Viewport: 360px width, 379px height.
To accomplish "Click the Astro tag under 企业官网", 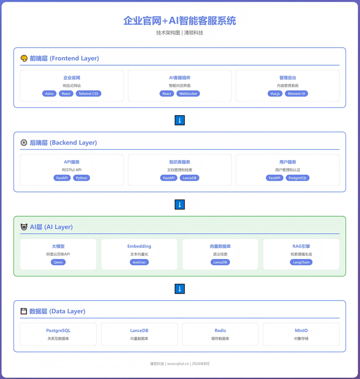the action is (x=49, y=94).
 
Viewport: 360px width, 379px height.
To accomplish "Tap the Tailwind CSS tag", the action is (x=89, y=94).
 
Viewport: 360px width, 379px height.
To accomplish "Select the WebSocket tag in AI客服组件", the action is (x=188, y=94).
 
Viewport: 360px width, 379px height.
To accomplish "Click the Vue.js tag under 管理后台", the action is (x=275, y=94).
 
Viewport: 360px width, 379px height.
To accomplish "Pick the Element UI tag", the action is (x=297, y=94).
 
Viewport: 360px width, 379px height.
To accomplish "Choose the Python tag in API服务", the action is (x=81, y=178).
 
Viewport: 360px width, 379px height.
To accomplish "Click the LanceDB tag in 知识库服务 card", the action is (x=189, y=178).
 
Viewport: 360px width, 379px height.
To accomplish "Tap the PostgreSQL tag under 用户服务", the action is (x=297, y=178).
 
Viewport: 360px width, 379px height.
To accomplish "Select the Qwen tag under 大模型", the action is (x=58, y=262).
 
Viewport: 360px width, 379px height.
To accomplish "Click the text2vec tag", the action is (x=139, y=262).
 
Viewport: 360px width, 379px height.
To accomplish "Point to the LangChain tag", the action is (x=301, y=262).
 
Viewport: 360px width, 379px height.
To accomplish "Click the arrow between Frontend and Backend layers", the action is (x=180, y=120).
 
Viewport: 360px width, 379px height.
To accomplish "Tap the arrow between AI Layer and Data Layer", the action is (x=180, y=289).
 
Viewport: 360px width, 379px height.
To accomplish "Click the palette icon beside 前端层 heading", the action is (x=24, y=58).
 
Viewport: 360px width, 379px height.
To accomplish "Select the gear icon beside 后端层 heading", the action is (x=24, y=143).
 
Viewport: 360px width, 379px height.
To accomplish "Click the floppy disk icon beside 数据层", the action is (x=24, y=311).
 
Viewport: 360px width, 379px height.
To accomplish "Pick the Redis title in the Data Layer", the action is (x=220, y=330).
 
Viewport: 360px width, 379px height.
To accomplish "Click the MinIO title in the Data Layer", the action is (x=301, y=330).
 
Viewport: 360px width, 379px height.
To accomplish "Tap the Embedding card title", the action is (x=139, y=246).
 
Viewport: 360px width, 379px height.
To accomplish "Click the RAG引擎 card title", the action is (x=301, y=246).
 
